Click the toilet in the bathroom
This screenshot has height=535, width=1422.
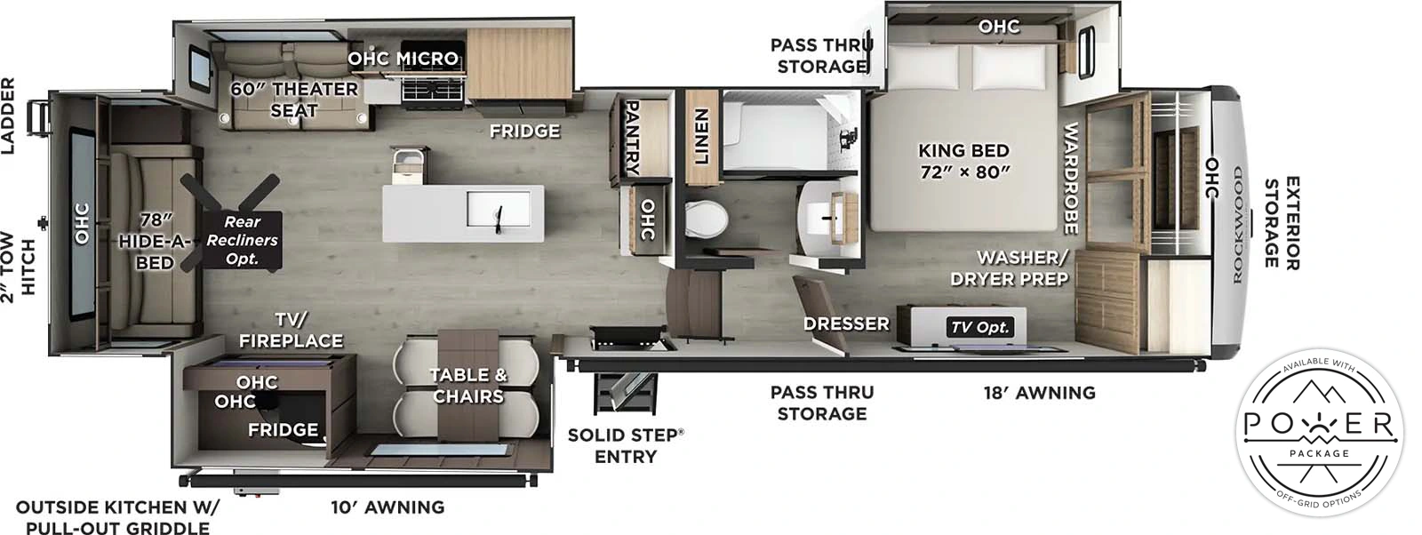pyautogui.click(x=707, y=217)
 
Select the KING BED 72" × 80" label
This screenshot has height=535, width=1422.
pyautogui.click(x=963, y=161)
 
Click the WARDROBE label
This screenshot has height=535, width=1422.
pyautogui.click(x=1071, y=178)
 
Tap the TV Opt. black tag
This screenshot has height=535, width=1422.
pyautogui.click(x=979, y=327)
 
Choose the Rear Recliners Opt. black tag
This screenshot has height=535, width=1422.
pyautogui.click(x=242, y=240)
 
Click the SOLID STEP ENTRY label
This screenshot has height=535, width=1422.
pyautogui.click(x=626, y=445)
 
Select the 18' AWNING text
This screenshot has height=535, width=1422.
pyautogui.click(x=1039, y=392)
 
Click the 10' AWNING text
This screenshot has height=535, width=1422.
pyautogui.click(x=387, y=507)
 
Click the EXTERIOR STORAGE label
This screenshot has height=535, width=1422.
pyautogui.click(x=1282, y=223)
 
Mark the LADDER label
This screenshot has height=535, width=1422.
pyautogui.click(x=8, y=116)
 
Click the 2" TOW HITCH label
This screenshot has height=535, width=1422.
pyautogui.click(x=17, y=267)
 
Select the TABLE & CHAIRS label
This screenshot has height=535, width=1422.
pyautogui.click(x=467, y=385)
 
